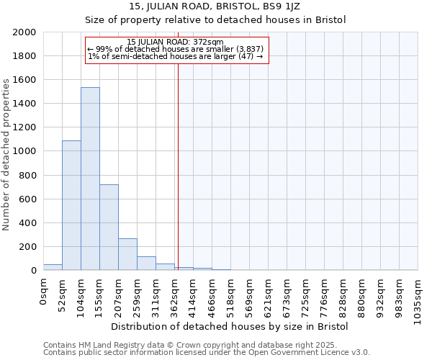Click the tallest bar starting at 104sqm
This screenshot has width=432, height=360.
[x=90, y=179]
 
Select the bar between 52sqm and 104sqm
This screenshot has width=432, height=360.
[x=71, y=205]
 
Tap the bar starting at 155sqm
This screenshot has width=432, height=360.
[x=109, y=227]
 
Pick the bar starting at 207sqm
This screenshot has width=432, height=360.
[x=127, y=254]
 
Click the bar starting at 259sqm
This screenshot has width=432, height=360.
[x=146, y=263]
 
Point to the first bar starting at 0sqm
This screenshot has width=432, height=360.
[x=53, y=267]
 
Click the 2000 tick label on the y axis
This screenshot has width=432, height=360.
[x=24, y=32]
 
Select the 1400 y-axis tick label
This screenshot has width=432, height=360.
[x=24, y=104]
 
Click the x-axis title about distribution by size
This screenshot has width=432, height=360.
[x=230, y=326]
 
